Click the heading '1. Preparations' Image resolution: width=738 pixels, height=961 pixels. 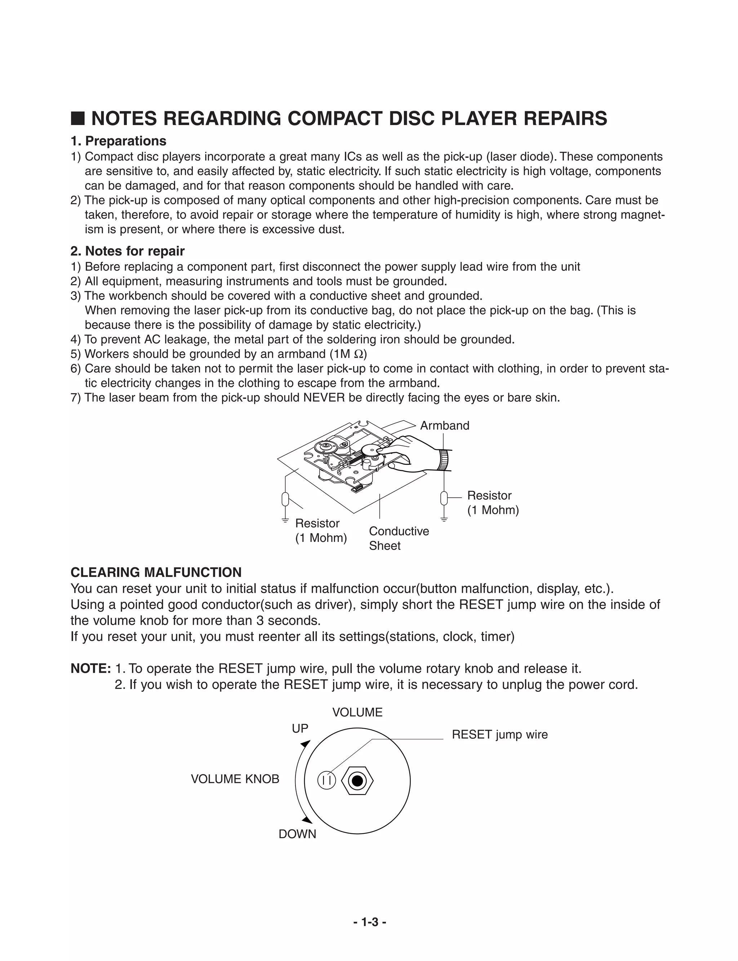click(118, 141)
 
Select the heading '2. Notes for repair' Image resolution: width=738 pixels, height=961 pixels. click(128, 251)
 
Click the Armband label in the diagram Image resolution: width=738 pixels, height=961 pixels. click(445, 426)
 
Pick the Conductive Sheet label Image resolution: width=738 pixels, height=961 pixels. click(399, 538)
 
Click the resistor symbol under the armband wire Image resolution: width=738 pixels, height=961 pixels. click(444, 498)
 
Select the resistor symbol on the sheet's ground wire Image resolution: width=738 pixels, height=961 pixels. click(285, 499)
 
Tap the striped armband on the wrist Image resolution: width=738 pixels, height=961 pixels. click(445, 460)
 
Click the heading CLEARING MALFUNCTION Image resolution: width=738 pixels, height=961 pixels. click(156, 573)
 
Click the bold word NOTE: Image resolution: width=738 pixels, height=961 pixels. click(90, 669)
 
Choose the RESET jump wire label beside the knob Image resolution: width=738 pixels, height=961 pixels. click(499, 735)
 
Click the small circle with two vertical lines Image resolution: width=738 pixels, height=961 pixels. click(326, 780)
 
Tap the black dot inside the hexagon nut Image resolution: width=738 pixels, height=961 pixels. click(357, 780)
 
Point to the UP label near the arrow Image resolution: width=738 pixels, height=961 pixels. click(300, 729)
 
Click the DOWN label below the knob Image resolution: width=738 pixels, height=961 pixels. click(297, 834)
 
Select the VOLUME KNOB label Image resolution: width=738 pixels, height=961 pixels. click(235, 779)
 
